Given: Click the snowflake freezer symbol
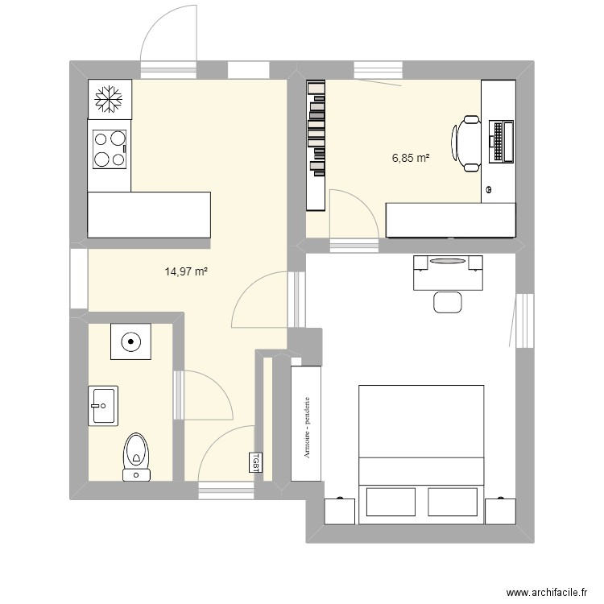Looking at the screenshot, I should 108,99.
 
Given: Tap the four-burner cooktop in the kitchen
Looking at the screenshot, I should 109,150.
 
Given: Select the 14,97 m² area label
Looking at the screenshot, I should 187,272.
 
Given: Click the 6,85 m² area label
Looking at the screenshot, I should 410,158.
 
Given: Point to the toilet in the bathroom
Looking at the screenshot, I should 136,456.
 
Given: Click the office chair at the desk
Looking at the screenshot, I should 469,143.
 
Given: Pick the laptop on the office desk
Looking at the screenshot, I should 501,140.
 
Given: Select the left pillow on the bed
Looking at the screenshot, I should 390,501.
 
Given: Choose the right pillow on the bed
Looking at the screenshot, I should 452,501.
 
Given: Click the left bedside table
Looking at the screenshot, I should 339,510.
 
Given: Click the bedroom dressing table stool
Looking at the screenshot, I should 447,302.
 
